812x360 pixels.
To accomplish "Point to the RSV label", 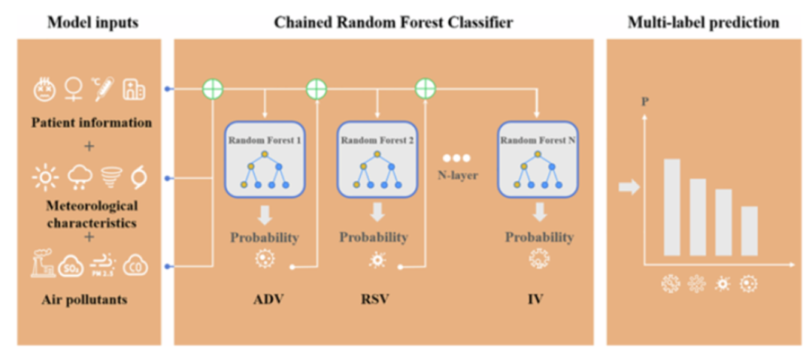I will pos(375,299).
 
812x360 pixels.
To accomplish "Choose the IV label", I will pos(535,299).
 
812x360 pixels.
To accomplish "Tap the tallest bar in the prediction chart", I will pos(671,207).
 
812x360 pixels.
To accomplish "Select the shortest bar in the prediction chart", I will pos(750,230).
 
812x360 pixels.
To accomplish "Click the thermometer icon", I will pos(101,89).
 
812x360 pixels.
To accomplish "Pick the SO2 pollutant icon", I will pos(72,266).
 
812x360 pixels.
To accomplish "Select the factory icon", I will pos(41,265).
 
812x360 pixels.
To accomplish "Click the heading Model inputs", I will pos(93,23).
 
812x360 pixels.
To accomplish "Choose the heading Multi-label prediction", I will pos(703,23).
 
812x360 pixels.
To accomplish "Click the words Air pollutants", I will pos(84,300).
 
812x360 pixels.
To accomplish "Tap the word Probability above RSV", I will pos(374,237).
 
